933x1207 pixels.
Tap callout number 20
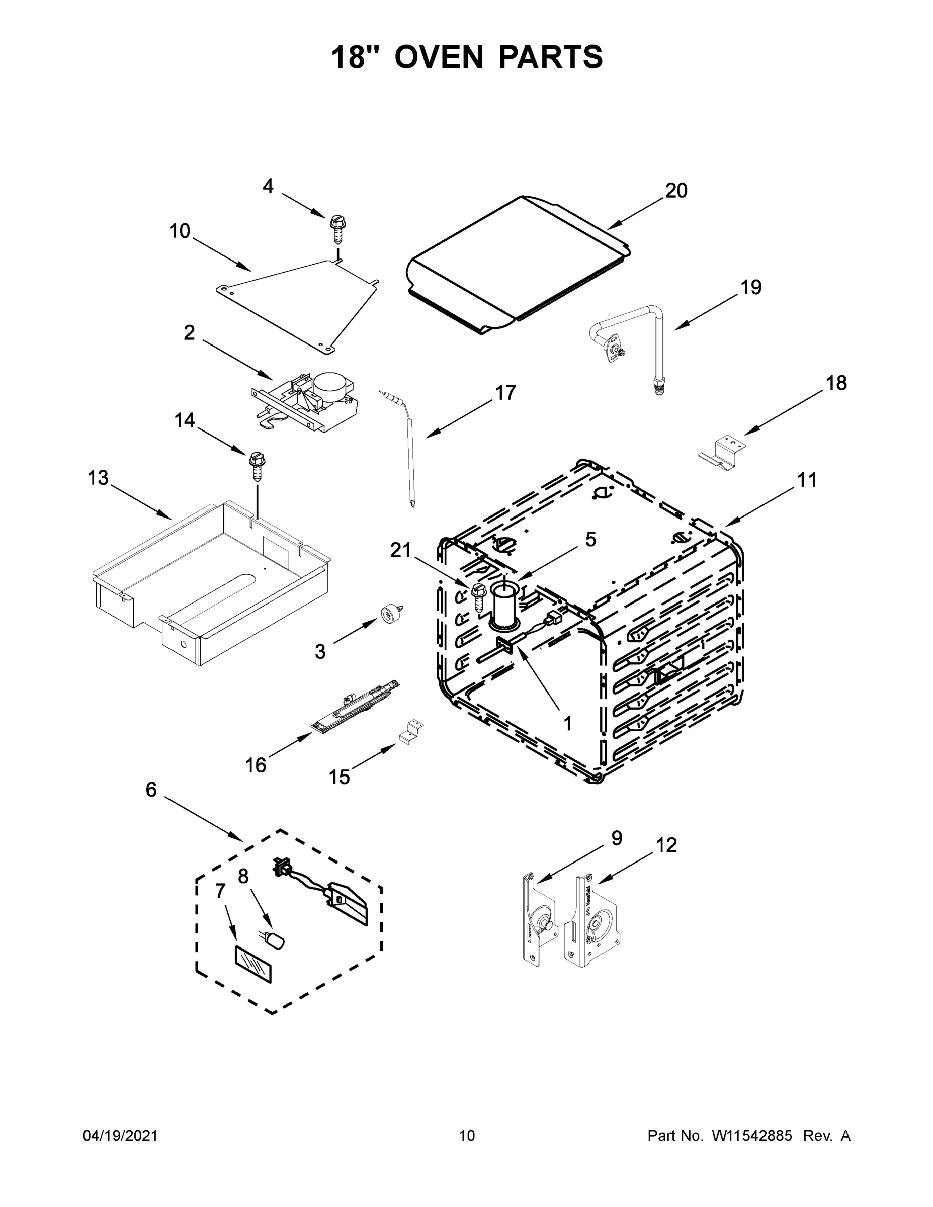pos(676,191)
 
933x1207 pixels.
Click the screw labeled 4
pos(335,228)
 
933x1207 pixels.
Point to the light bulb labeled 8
pos(274,940)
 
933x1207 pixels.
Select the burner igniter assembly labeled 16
pos(354,708)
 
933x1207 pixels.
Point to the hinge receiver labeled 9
pos(535,920)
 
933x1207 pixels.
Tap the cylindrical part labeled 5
pos(503,605)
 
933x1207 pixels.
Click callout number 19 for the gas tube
pos(751,287)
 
